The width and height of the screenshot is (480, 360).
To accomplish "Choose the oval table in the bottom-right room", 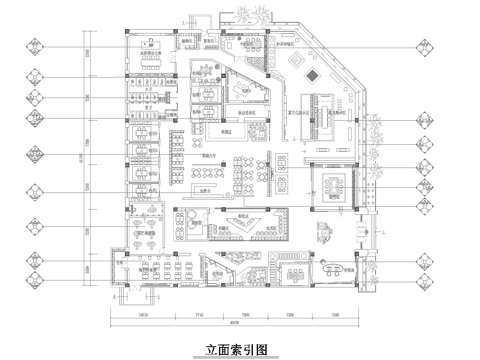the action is (331, 267).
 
